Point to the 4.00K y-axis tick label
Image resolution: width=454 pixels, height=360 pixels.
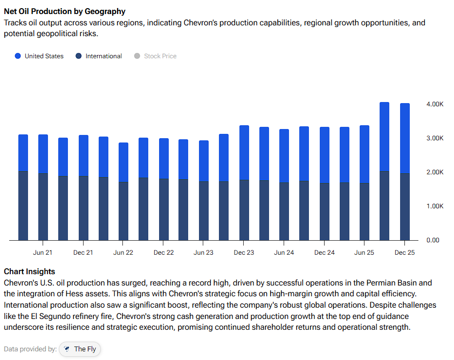point(435,104)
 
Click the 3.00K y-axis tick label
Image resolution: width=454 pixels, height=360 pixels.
point(435,138)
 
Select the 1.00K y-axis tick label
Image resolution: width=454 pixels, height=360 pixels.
point(435,206)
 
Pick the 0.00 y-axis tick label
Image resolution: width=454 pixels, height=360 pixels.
point(433,240)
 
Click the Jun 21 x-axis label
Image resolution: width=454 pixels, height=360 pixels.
point(43,253)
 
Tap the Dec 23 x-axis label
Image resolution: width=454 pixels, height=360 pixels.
point(244,253)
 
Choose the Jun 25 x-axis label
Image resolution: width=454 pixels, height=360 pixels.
point(364,253)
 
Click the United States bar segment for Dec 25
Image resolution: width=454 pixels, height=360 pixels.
point(404,138)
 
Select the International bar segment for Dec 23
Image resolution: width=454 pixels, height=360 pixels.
point(244,210)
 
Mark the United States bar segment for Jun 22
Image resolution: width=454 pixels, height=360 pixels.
point(123,162)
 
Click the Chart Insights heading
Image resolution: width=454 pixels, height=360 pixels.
point(29,271)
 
